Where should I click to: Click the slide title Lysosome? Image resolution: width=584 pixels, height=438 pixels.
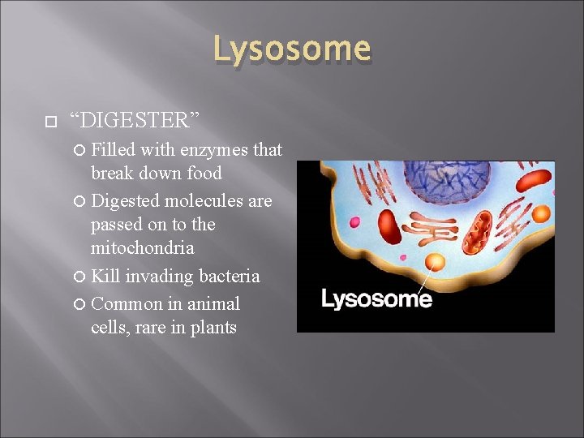[292, 49]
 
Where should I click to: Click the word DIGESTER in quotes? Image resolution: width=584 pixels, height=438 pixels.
[134, 121]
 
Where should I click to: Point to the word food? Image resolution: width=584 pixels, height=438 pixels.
[203, 173]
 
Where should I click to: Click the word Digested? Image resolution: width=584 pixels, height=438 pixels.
[125, 200]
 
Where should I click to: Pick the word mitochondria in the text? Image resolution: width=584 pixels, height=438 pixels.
[142, 247]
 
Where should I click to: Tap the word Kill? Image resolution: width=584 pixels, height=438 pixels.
[105, 277]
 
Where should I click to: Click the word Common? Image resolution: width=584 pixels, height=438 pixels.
[127, 304]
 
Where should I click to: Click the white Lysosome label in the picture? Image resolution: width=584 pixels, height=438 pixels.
[376, 299]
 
